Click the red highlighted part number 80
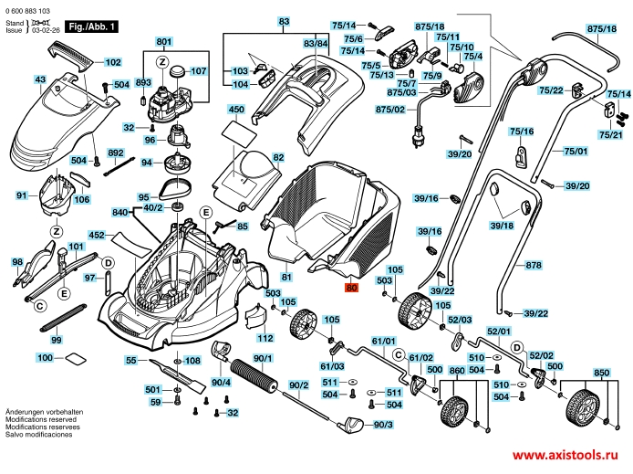(x=352, y=286)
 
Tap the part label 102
(x=112, y=62)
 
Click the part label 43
(x=40, y=80)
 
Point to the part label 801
(x=163, y=43)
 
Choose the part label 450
(x=236, y=110)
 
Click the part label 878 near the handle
(x=534, y=266)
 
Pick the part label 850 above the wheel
(x=601, y=374)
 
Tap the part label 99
(x=57, y=339)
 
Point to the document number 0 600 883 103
(x=30, y=8)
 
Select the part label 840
(x=121, y=212)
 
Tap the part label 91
(x=22, y=195)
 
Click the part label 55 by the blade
(x=130, y=361)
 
